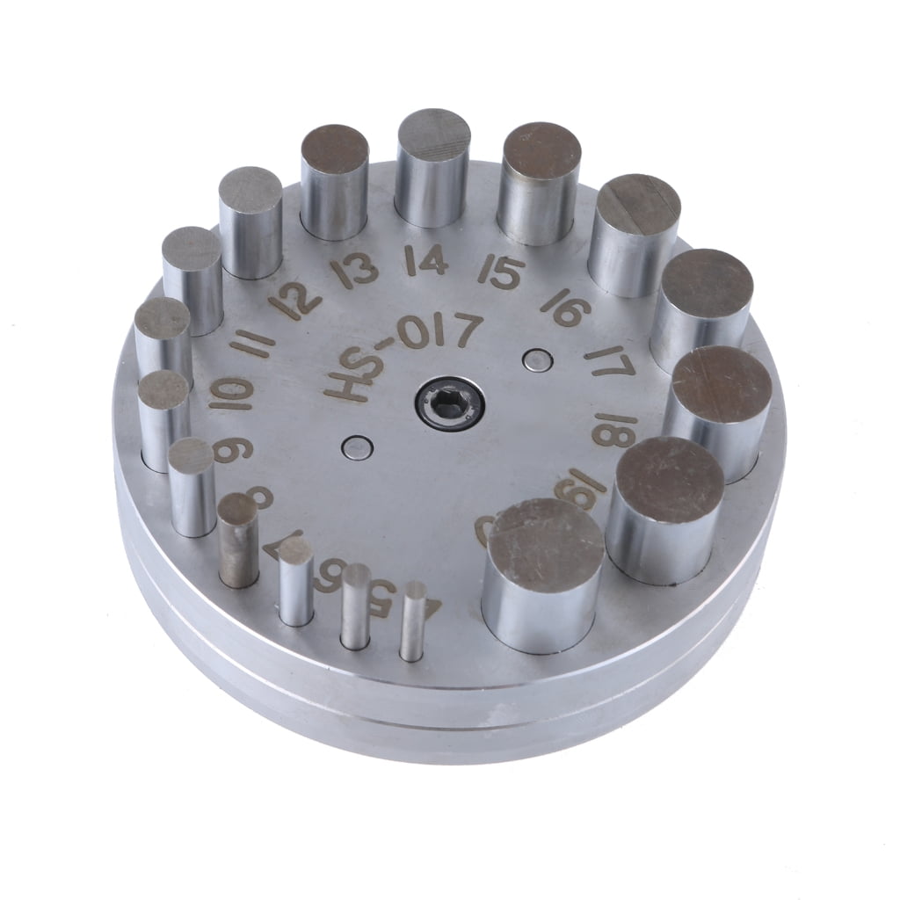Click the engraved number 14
pos(426,261)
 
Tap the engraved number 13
pos(357,270)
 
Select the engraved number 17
pos(610,360)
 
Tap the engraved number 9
pos(233,449)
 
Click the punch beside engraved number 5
pos(356,606)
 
